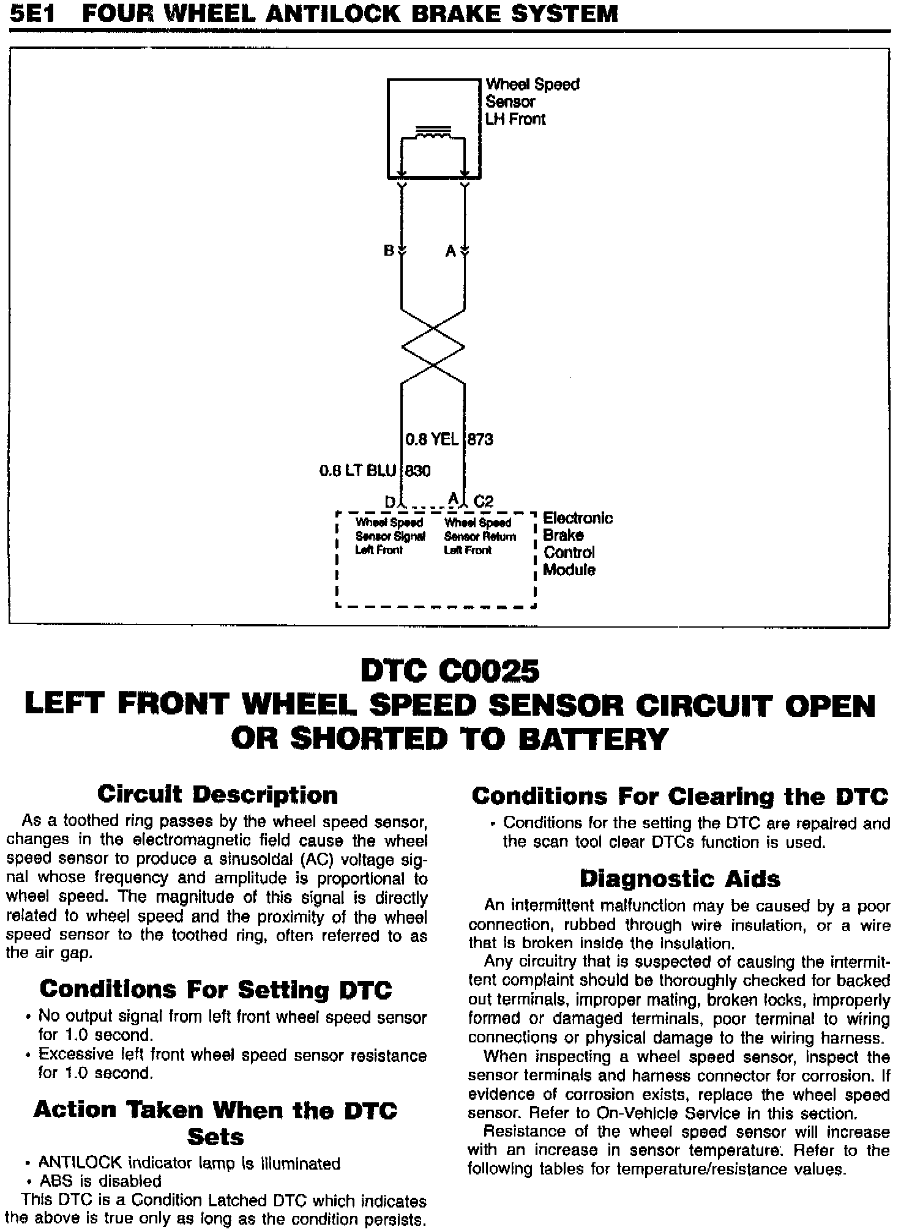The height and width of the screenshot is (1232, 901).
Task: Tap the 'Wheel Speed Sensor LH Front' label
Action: (532, 102)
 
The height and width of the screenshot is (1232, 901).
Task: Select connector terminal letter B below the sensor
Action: (389, 251)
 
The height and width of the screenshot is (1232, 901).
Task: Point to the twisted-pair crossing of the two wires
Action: (433, 347)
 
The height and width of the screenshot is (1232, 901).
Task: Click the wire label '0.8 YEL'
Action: (432, 439)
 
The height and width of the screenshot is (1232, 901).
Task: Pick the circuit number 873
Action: (480, 439)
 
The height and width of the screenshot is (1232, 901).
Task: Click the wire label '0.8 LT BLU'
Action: (357, 470)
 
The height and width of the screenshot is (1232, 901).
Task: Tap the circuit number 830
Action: (417, 470)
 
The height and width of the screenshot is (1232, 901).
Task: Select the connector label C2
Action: (483, 502)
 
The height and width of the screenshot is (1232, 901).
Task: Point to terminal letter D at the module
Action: (390, 502)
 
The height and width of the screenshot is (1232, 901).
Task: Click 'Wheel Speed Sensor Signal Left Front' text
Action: (390, 536)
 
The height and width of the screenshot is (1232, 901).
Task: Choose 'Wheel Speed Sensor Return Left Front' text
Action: (479, 536)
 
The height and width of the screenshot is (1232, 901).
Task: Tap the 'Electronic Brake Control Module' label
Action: (577, 544)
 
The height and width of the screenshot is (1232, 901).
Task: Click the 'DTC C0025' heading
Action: (450, 671)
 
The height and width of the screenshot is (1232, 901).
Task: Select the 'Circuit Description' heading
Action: (217, 795)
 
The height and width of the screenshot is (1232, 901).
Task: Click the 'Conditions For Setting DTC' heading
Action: (215, 989)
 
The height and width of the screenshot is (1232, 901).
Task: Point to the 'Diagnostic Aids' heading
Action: (679, 879)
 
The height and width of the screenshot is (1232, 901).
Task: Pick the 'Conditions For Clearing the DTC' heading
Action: (679, 796)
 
